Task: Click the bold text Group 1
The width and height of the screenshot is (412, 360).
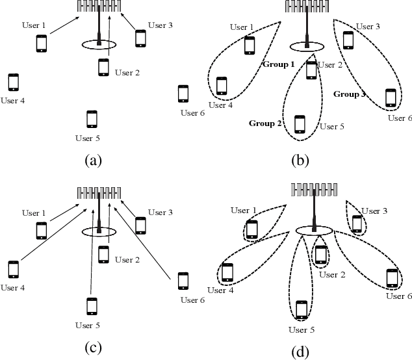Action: pos(279,64)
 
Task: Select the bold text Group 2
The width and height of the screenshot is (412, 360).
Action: pos(264,123)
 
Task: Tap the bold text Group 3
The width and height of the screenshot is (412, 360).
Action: pos(350,94)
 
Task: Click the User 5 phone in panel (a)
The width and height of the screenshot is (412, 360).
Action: pos(92,120)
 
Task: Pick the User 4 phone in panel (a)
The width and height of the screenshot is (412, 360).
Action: pos(13,83)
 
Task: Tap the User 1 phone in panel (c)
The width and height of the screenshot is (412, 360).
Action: pos(41,231)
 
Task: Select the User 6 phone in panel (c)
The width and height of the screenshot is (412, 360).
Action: pos(183,281)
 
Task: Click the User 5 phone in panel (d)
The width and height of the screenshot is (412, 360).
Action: pos(301,309)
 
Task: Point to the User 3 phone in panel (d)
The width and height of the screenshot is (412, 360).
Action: pos(357,224)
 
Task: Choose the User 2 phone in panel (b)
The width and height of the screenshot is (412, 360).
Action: pos(311,70)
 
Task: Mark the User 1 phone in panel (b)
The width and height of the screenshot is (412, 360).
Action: pos(249,45)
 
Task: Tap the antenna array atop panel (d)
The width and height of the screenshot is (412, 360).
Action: pos(315,189)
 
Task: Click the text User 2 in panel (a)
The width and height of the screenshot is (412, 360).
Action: pos(127,73)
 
